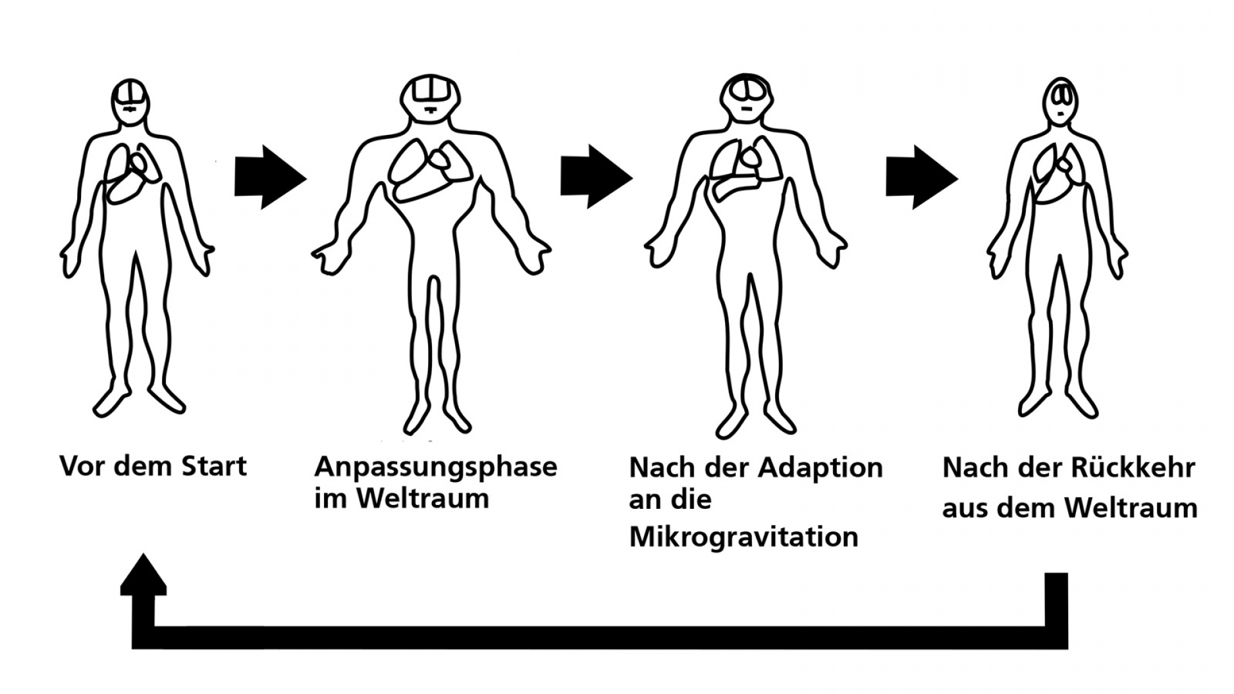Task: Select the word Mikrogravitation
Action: pos(744,537)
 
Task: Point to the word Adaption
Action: pos(820,468)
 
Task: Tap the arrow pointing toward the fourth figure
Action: pos(921,177)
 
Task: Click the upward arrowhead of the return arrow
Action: pos(143,574)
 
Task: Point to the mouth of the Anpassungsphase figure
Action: pos(430,110)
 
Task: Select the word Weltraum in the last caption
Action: pos(1131,508)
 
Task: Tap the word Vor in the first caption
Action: pos(81,467)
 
